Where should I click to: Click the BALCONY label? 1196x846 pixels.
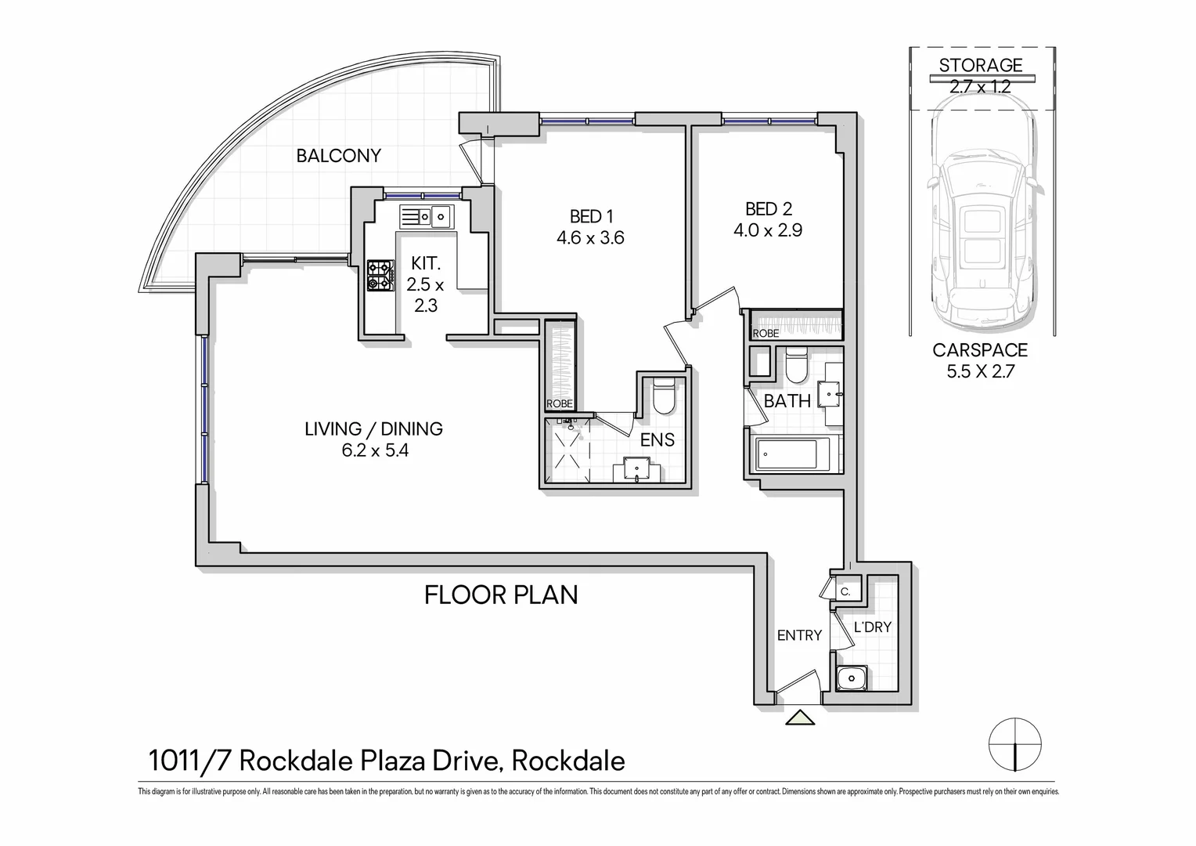[x=338, y=156]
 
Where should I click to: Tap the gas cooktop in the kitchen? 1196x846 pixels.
[x=381, y=276]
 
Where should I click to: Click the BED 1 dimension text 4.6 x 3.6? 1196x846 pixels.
[x=590, y=238]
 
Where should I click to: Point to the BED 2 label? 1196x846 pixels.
[x=768, y=209]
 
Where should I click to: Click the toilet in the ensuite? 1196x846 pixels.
[x=663, y=396]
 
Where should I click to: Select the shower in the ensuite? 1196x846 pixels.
[x=570, y=452]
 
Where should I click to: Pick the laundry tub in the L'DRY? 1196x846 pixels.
[x=850, y=678]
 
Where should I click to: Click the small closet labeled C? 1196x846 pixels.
[x=845, y=592]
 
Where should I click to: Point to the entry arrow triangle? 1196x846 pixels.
[x=800, y=717]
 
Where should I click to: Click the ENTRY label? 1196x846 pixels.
[x=799, y=635]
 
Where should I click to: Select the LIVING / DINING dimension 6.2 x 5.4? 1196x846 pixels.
[x=375, y=451]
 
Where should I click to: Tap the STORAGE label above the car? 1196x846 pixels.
[x=981, y=65]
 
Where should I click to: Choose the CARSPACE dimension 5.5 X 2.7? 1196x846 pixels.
[x=980, y=372]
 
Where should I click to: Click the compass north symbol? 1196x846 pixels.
[x=1015, y=743]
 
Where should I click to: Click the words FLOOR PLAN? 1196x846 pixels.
[x=501, y=595]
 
